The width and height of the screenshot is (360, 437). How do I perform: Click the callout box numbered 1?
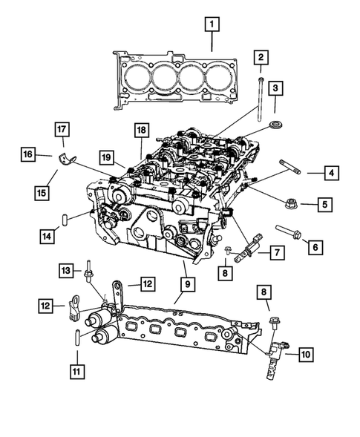pos(212,26)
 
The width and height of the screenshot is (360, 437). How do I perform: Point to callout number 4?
pos(331,173)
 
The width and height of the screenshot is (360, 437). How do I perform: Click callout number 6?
pos(315,246)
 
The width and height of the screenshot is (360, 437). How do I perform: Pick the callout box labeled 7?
pos(275,253)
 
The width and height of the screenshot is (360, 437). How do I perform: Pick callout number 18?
pos(141,131)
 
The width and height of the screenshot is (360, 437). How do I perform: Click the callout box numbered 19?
pos(107,157)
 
